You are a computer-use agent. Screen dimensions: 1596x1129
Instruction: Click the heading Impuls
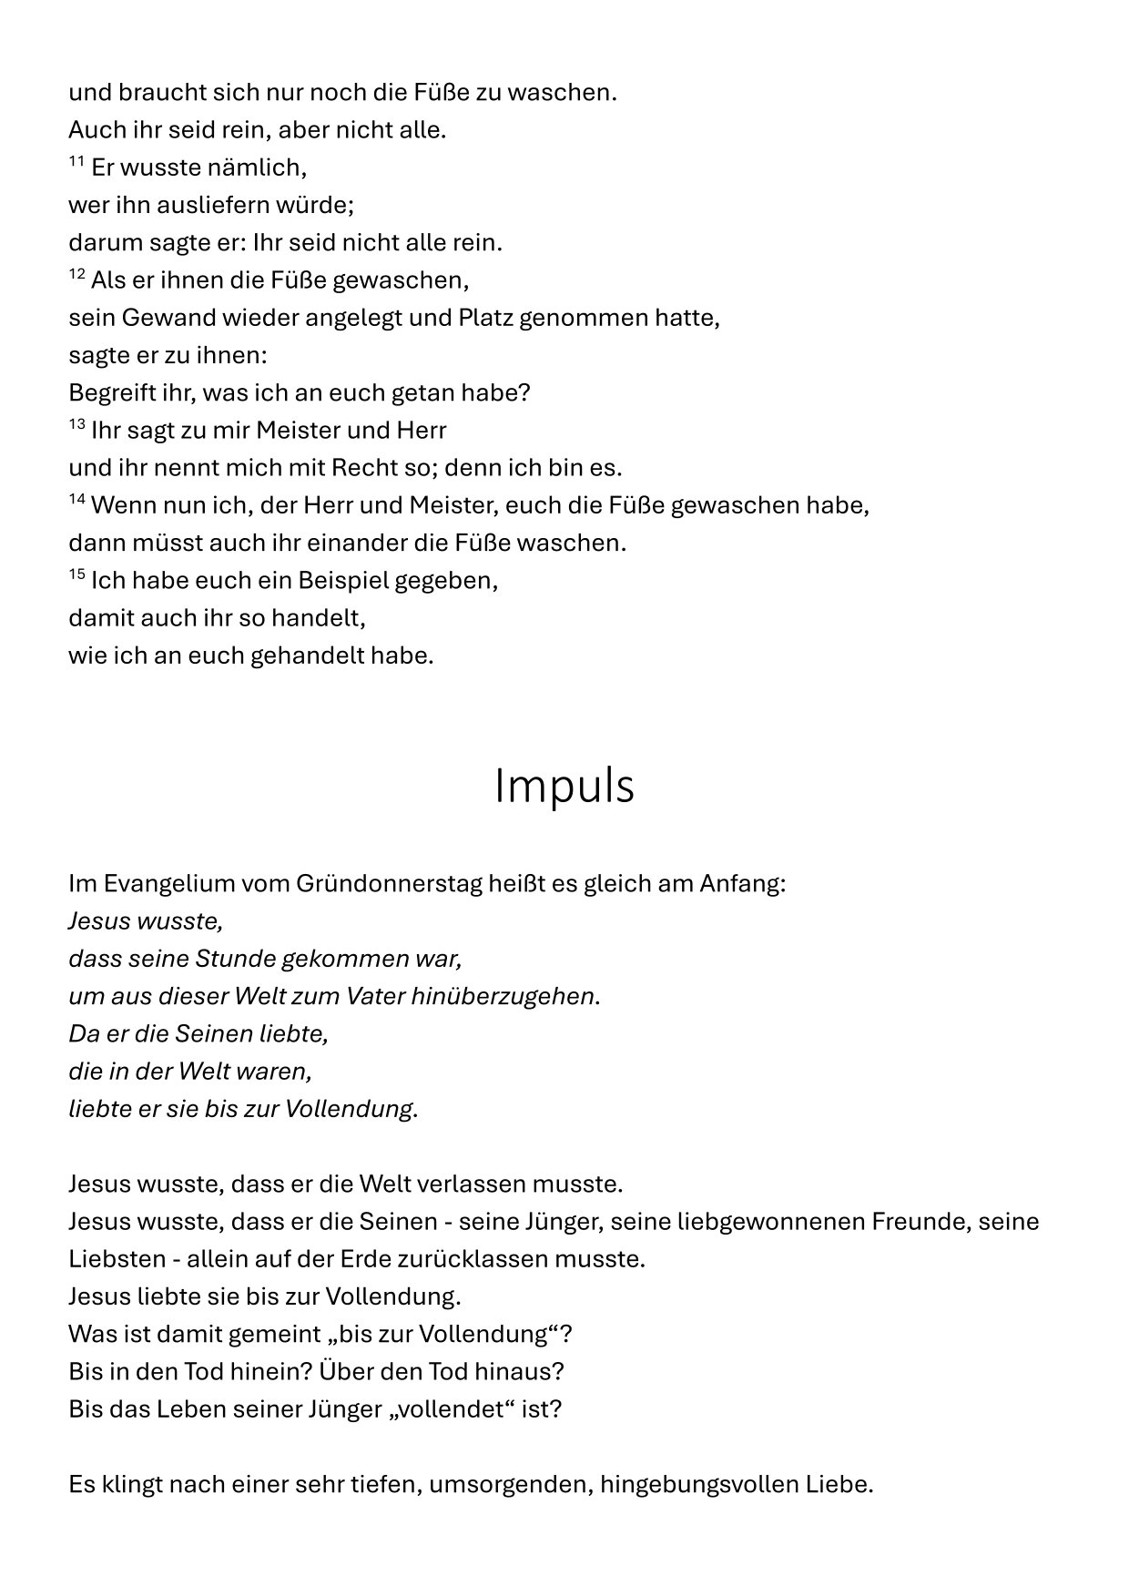(564, 787)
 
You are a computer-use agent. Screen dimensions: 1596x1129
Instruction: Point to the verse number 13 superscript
(76, 424)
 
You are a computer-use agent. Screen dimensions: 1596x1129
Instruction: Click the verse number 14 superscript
(76, 500)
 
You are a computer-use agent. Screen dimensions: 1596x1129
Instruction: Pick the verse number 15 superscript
(76, 574)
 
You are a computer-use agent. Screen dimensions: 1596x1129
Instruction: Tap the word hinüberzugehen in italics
(503, 997)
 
